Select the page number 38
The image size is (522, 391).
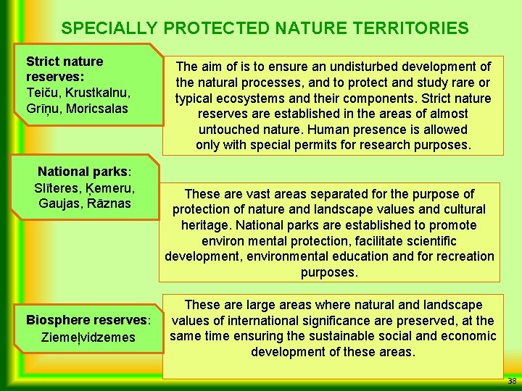[x=512, y=381]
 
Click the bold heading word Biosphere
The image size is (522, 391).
[x=58, y=320]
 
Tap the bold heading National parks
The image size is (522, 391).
[x=84, y=172]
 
